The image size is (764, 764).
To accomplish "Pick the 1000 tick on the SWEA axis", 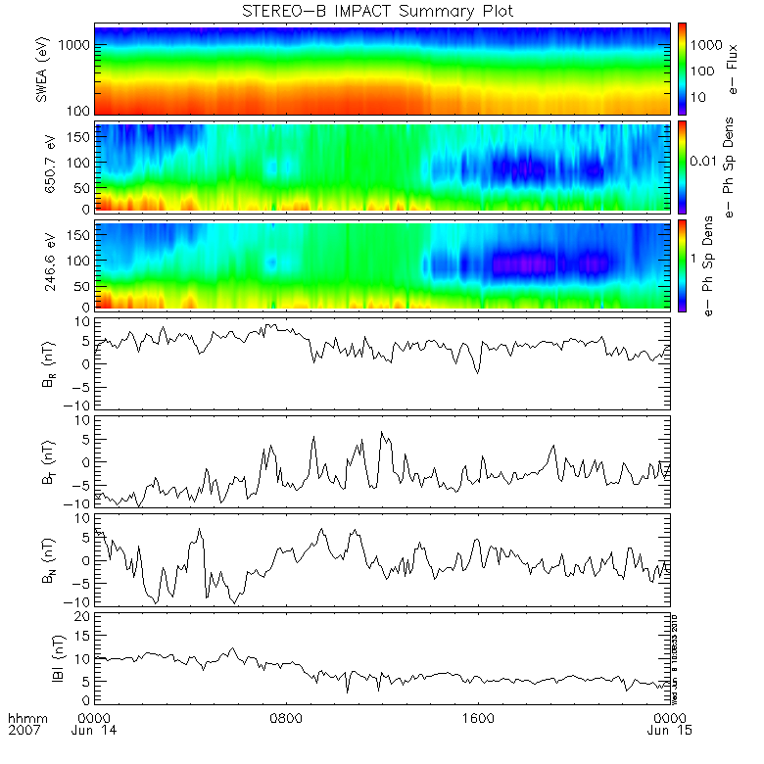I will [x=77, y=45].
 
